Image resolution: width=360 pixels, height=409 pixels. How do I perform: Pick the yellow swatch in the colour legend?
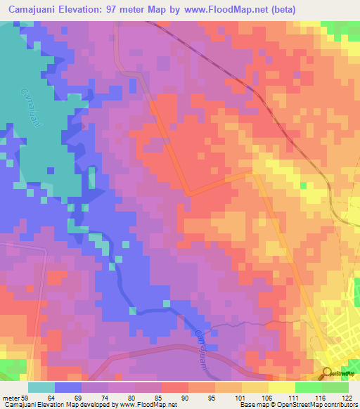(255, 387)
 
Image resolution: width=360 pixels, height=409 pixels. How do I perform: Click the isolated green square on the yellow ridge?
(303, 186)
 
